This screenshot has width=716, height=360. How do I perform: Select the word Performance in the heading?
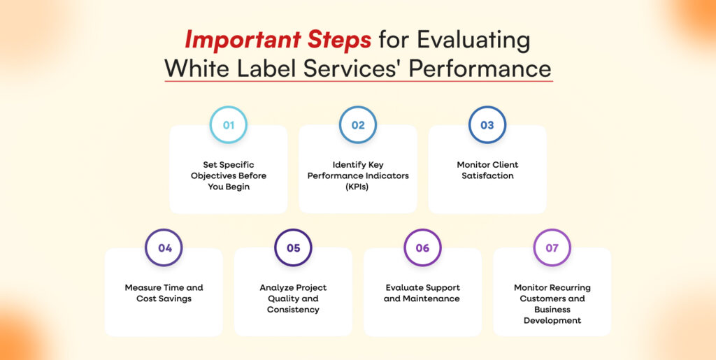tap(480, 69)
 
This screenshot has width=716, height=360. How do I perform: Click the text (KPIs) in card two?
tap(357, 187)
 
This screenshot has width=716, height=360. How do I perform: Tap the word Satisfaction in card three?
tap(487, 175)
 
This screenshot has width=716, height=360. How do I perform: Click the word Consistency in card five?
tap(293, 310)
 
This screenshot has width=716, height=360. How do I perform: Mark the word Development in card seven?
tap(552, 320)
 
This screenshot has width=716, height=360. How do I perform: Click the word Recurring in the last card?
tap(566, 287)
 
